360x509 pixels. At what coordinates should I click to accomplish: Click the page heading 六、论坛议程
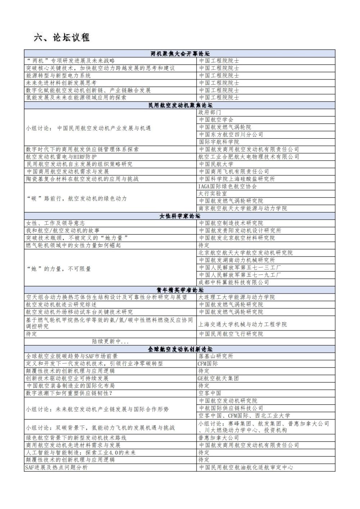coord(62,38)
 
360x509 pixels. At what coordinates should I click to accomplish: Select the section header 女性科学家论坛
coord(180,216)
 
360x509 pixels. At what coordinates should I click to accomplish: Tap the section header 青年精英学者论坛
coord(180,290)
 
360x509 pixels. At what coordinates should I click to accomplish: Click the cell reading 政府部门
coord(210,112)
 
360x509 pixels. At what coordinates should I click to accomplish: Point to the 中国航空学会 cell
coord(216,120)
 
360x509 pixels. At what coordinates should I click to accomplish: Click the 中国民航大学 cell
coord(216,164)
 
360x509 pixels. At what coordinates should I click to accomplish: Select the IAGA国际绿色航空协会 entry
coord(228,186)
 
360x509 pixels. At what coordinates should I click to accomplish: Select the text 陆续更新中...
coord(110,341)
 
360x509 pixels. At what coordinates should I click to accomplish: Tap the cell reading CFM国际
coord(208,364)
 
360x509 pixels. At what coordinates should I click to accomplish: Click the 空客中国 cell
coord(210,393)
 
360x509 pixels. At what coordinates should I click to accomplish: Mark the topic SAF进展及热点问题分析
coord(56,468)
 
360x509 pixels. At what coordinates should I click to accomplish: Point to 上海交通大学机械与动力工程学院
coord(243,324)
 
